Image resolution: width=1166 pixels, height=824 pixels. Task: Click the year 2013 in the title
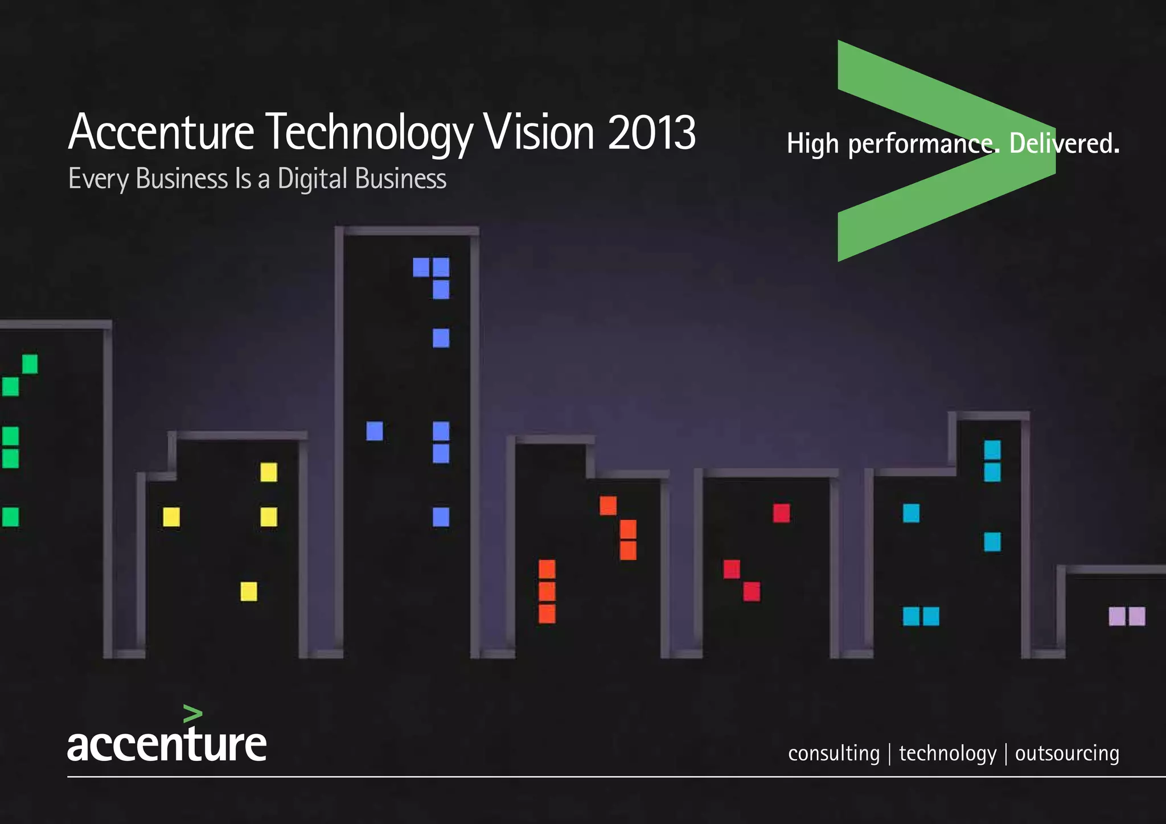[x=651, y=133]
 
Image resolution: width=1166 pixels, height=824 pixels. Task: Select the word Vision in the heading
[x=539, y=133]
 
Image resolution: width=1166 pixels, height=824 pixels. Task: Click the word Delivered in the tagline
[x=1064, y=143]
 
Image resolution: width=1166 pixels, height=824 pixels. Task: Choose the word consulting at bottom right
[x=834, y=753]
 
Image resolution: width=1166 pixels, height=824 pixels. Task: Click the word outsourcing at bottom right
[x=1067, y=753]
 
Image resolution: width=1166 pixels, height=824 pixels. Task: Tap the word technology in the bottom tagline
[x=947, y=753]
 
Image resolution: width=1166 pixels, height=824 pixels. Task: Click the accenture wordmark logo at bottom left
[x=167, y=744]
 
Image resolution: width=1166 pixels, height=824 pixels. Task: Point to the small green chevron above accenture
[x=193, y=714]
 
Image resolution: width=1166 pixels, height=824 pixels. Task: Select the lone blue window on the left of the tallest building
[x=375, y=431]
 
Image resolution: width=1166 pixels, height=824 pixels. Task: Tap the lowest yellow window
[x=249, y=591]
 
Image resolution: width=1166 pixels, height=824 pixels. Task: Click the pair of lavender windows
[x=1127, y=616]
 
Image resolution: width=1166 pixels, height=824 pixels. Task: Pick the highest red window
[x=781, y=513]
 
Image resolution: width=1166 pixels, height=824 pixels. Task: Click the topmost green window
[x=30, y=364]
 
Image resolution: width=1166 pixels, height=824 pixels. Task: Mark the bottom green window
[x=11, y=517]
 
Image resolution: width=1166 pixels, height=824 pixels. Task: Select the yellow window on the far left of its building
[x=171, y=517]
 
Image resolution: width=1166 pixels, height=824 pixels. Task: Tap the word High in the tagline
[x=812, y=143]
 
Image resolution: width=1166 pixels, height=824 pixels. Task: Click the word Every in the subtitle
[x=98, y=179]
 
